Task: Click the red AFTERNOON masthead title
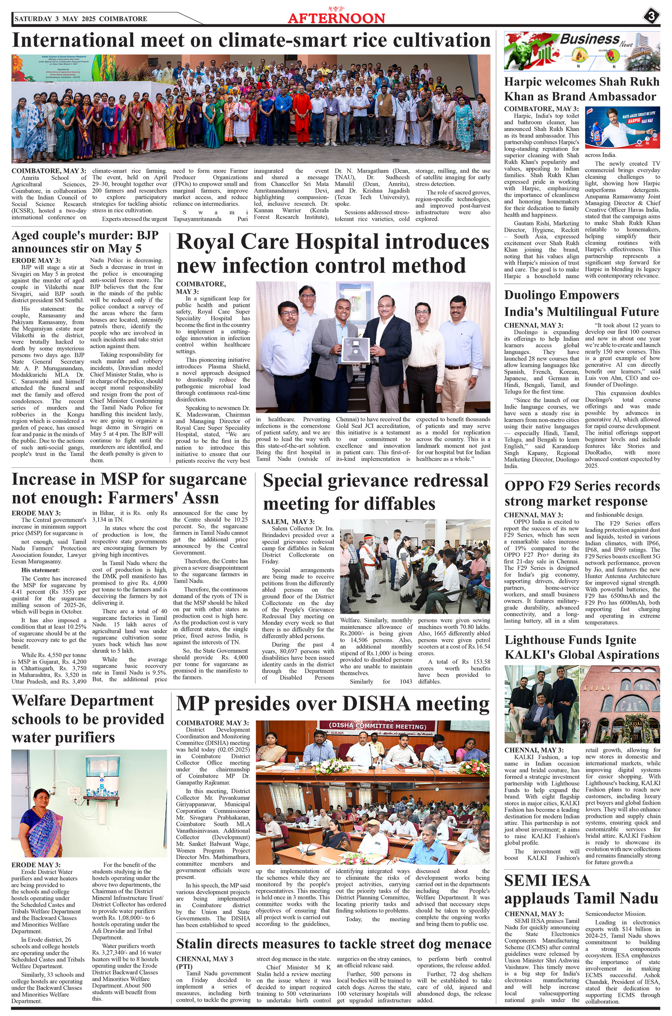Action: (336, 18)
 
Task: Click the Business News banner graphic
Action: (582, 50)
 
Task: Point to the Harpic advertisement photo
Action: (622, 127)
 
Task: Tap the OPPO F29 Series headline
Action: (582, 493)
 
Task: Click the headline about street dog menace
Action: (333, 944)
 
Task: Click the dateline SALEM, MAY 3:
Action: (288, 522)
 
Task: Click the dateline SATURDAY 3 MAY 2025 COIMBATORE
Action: (81, 19)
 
